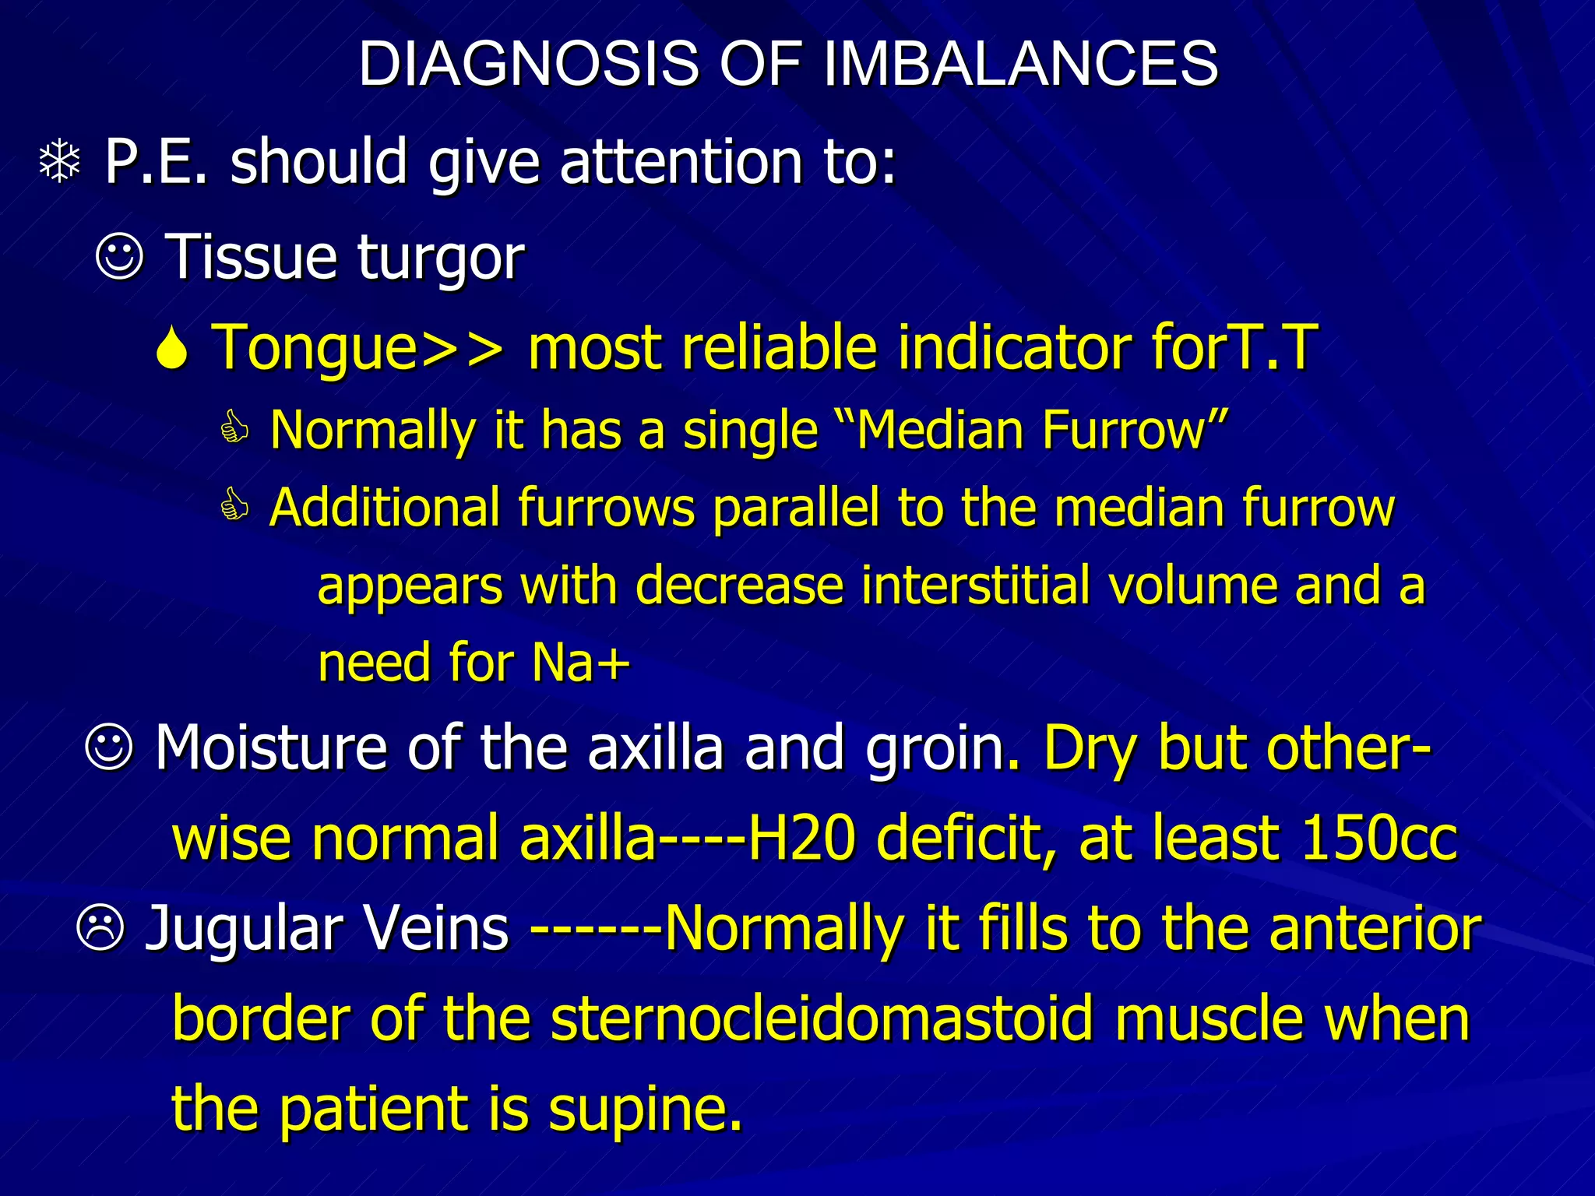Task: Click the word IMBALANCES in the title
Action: pyautogui.click(x=1020, y=64)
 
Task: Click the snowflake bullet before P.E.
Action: pyautogui.click(x=60, y=163)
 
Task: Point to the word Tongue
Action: pyautogui.click(x=315, y=348)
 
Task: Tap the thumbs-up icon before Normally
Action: pyautogui.click(x=234, y=429)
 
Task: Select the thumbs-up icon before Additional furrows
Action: pyautogui.click(x=234, y=507)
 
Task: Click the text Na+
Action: pyautogui.click(x=580, y=663)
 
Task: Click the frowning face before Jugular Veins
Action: pyautogui.click(x=100, y=928)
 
